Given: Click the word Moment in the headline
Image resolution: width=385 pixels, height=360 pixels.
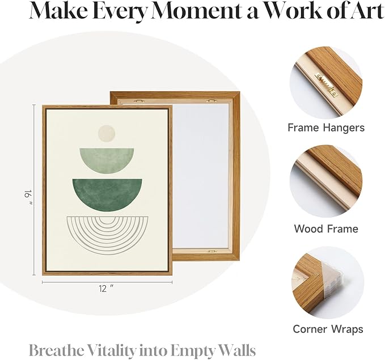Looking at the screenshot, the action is coord(196,11).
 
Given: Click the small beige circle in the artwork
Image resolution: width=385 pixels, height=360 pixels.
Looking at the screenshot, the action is coord(107,133).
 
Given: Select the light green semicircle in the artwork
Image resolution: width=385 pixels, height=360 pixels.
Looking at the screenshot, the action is coord(107,160).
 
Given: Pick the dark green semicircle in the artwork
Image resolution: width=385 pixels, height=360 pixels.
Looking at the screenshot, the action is coord(107,194).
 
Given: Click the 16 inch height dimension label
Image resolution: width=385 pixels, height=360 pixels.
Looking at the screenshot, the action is coord(28,197).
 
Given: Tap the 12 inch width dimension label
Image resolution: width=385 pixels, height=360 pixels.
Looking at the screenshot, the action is coord(107,289).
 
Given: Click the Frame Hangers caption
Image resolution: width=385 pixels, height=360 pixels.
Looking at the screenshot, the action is coord(326,128).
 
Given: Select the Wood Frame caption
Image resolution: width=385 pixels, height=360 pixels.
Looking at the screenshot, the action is coord(326,228).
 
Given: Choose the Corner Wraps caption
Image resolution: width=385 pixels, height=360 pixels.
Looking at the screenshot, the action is coord(328,329).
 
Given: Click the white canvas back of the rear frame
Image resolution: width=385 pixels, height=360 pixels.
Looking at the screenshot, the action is coord(201,176).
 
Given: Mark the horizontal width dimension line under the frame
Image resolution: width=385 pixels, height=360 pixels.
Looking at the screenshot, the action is coord(107,282).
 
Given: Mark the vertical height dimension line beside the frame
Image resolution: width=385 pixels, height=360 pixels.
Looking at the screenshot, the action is coord(34,190).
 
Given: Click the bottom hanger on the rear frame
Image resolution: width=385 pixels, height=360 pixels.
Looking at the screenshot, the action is coord(211,252).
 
